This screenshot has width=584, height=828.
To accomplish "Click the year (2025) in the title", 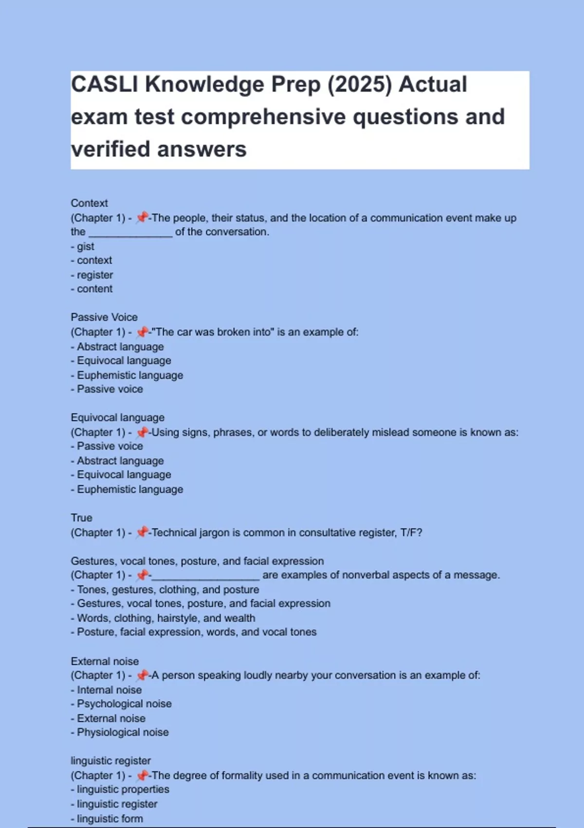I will pos(359,85).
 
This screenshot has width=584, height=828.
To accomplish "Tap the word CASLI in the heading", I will pos(105,85).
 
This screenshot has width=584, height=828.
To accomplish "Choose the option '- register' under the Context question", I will pos(92,275).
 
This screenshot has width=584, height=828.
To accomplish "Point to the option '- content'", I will pos(92,289).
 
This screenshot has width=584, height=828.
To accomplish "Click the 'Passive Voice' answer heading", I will pos(104,317).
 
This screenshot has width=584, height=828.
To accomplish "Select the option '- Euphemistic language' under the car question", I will pos(127,375).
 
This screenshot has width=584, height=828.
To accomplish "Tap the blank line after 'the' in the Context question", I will pos(130,233).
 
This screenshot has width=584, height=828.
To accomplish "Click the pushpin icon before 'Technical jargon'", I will pos(142,532).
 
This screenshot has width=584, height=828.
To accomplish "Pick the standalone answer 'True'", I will pos(81,518).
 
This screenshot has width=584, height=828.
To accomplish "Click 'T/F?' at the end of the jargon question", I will pos(411,533).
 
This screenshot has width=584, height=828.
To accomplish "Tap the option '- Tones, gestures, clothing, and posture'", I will pos(165,590).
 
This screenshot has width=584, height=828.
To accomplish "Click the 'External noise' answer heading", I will pos(105,661).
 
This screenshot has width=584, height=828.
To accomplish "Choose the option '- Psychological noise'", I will pos(121,704).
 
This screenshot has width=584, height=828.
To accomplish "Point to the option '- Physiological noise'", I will pos(120,732).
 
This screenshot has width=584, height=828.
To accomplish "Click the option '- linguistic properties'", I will pos(120,789).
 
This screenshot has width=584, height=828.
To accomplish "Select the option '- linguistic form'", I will pos(107,819).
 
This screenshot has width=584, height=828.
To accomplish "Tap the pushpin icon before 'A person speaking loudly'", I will pos(142,675).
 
